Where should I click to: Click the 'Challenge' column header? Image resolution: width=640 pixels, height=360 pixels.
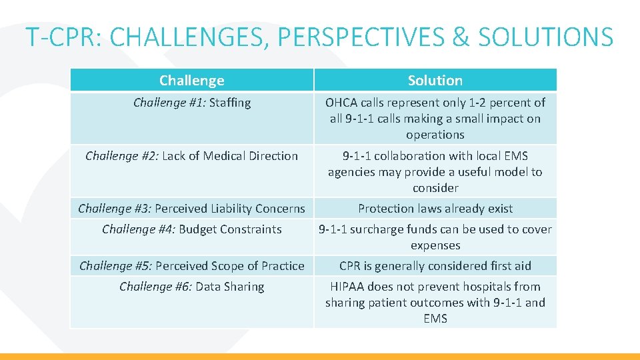point(191,81)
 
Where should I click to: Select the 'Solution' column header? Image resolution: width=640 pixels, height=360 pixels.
point(435,81)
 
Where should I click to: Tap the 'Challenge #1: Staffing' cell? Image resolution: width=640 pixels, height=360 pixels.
point(192,103)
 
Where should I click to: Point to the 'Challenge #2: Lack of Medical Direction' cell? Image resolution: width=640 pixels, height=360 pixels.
point(192,156)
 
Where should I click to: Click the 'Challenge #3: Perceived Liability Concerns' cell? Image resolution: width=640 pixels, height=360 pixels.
point(192,209)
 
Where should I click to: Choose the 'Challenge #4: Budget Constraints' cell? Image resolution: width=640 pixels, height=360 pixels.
point(192,229)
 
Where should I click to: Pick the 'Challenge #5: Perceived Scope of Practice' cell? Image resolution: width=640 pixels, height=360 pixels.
point(192,266)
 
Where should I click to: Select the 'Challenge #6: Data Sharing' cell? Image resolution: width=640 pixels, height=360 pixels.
point(192,287)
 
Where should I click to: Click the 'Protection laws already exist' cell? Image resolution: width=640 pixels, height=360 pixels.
point(435,209)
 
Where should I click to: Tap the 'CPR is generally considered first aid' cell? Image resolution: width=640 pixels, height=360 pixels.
point(435,266)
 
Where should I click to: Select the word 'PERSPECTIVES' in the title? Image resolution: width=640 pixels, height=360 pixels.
point(361,37)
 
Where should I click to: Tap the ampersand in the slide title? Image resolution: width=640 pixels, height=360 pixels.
point(461,37)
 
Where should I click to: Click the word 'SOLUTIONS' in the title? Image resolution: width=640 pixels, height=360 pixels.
point(545,37)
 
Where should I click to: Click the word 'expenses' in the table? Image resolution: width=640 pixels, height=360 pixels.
point(435,245)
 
